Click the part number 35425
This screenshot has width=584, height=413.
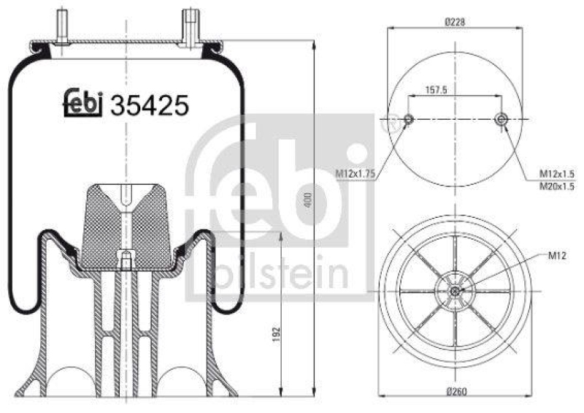point(149,106)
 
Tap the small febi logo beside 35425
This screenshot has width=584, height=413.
point(83,103)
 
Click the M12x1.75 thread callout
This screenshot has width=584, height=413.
point(354,173)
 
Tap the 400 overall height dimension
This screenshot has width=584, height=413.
point(308,199)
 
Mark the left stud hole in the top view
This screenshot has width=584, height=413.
point(408,120)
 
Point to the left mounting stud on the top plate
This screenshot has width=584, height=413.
point(61,25)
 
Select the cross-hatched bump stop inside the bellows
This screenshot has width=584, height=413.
point(125,223)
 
